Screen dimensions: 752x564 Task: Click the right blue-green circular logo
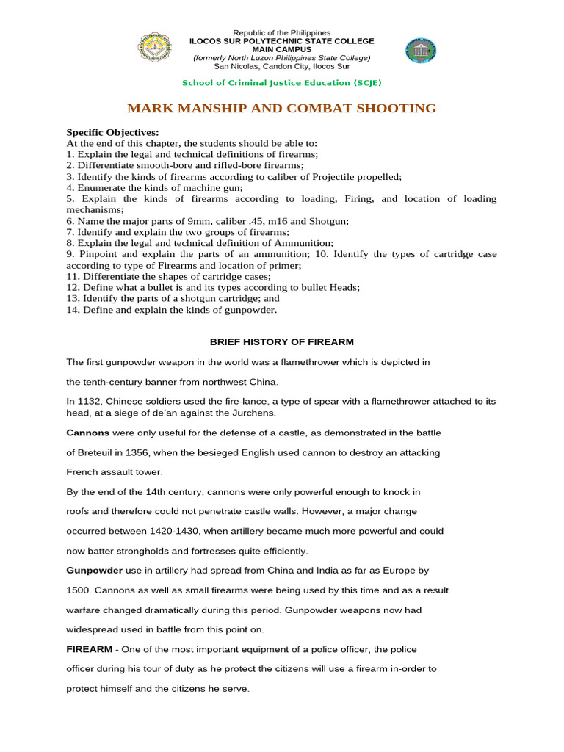[x=421, y=51]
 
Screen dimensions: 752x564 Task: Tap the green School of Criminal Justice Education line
[x=282, y=82]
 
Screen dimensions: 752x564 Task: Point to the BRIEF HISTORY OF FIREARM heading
[x=282, y=342]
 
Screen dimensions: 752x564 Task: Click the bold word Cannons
[x=88, y=433]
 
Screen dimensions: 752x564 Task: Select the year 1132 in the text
[x=87, y=402]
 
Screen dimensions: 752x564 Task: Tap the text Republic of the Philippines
[x=282, y=33]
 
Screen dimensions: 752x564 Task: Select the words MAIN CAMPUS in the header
[x=282, y=49]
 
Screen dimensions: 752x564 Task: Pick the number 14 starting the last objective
[x=71, y=310]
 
